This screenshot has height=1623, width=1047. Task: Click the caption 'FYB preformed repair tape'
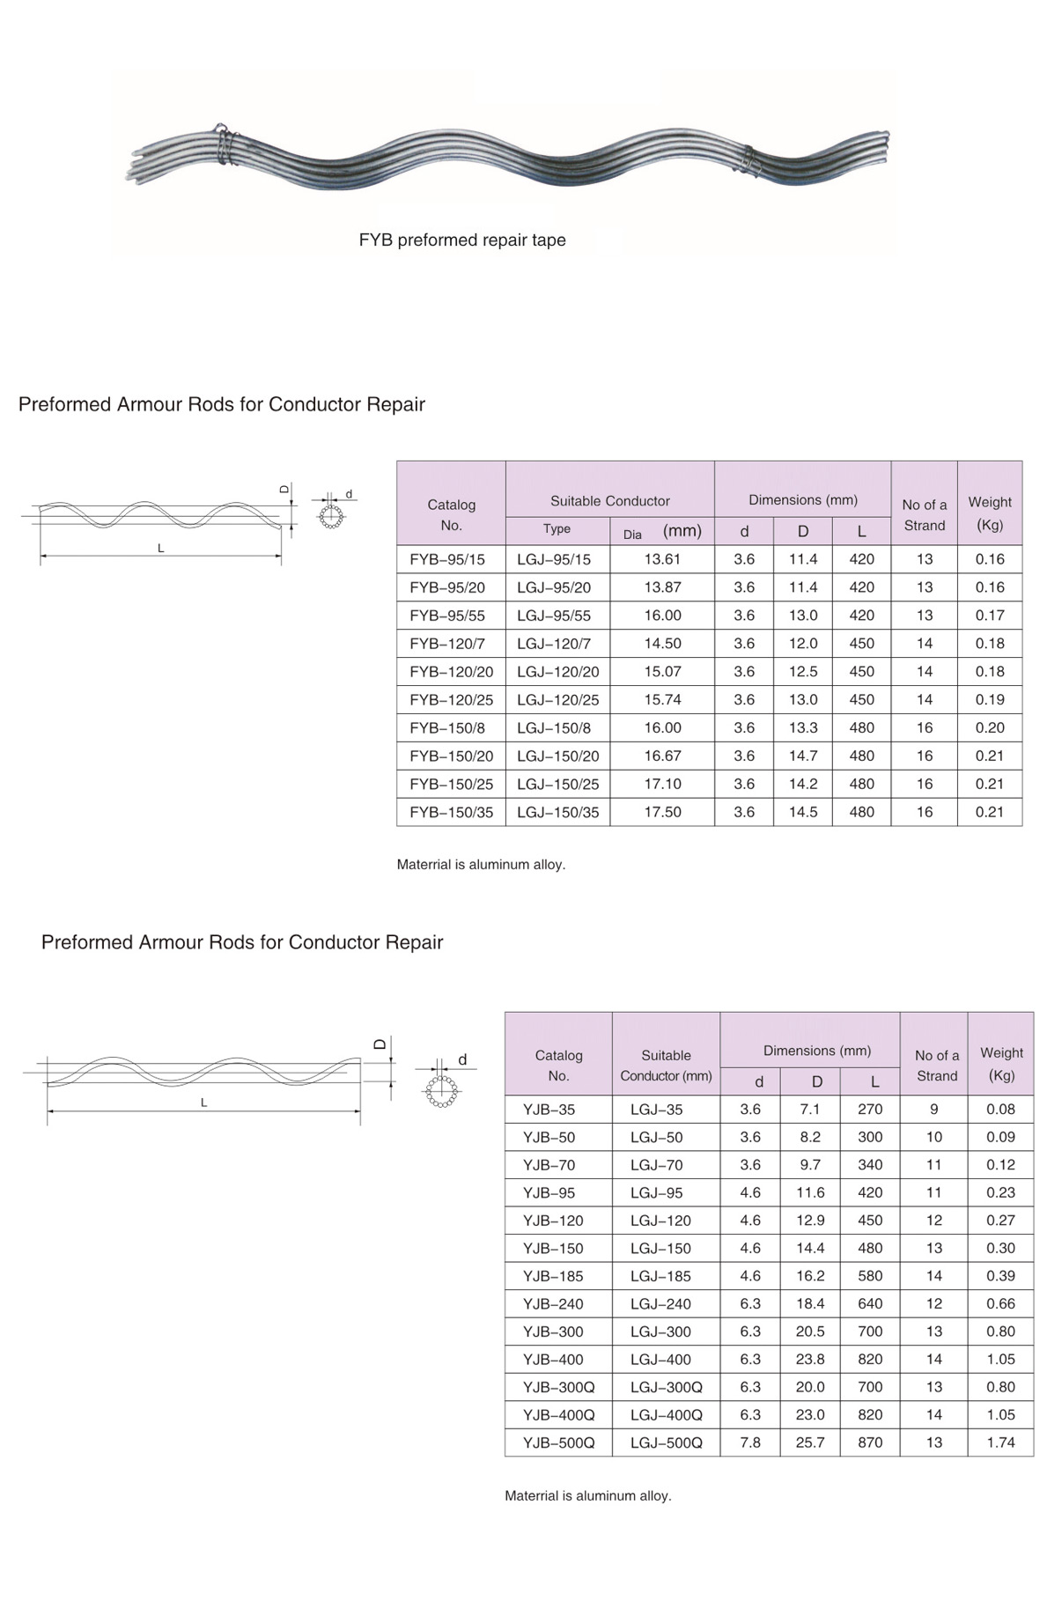click(x=462, y=240)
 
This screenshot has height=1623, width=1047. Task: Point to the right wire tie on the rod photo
click(x=751, y=160)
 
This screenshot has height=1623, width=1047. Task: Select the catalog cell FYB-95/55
click(x=447, y=616)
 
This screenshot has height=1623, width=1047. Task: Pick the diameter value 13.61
click(x=662, y=559)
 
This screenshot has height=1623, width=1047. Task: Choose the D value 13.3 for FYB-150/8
click(x=803, y=727)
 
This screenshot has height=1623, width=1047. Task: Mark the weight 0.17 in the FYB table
click(x=990, y=616)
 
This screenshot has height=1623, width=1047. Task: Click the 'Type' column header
click(x=557, y=529)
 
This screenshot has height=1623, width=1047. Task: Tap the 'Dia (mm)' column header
click(x=662, y=532)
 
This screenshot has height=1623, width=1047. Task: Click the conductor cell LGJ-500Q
click(x=667, y=1442)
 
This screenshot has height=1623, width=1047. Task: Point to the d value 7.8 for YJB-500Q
click(x=750, y=1442)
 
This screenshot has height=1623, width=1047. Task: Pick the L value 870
click(x=870, y=1442)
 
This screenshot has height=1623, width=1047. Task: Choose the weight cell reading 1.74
click(x=1001, y=1442)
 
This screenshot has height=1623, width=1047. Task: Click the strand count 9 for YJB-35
click(x=934, y=1110)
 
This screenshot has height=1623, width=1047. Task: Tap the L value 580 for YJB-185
click(x=870, y=1276)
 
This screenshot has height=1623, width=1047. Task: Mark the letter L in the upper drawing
click(x=161, y=548)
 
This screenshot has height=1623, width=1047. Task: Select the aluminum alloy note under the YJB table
click(x=588, y=1495)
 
